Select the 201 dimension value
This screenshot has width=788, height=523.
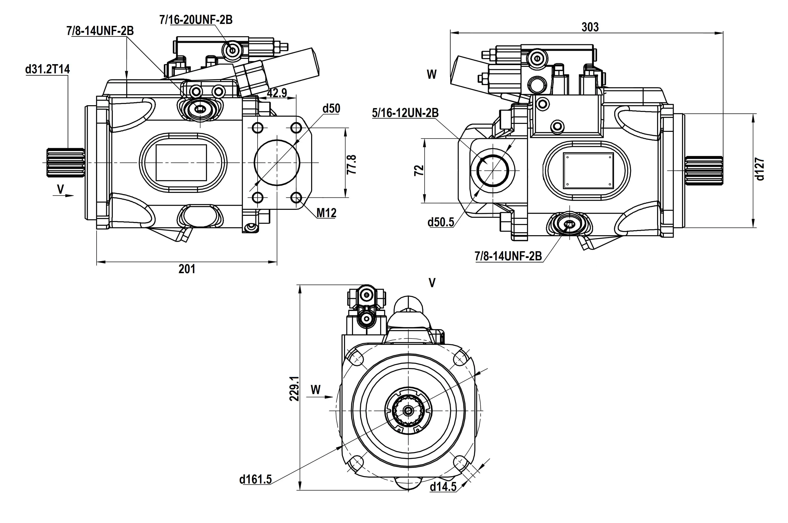coord(187,269)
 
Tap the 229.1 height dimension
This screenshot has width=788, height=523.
coord(294,389)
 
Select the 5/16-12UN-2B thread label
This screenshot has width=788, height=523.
coord(405,113)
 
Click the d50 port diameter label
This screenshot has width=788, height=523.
coord(331,108)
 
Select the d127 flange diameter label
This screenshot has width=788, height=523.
coord(760,170)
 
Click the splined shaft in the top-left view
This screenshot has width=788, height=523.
coord(65,162)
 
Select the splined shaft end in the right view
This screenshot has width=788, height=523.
coord(704,171)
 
